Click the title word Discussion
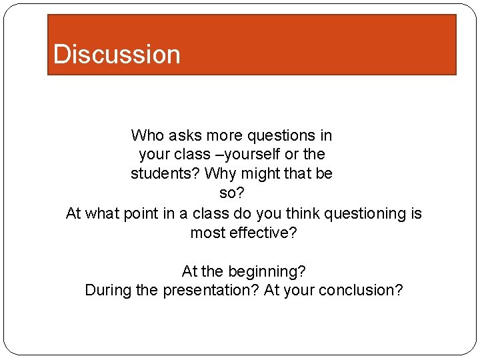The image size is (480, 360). pos(117,54)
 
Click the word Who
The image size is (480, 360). pos(147,136)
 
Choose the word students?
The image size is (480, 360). pos(165,174)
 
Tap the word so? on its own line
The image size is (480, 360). pos(231,193)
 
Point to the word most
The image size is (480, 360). pos(207,233)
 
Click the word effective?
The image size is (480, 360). pos(263,233)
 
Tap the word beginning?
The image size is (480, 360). pos(267,272)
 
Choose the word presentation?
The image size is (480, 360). pos(211,291)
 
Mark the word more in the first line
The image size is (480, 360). pos(225,136)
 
